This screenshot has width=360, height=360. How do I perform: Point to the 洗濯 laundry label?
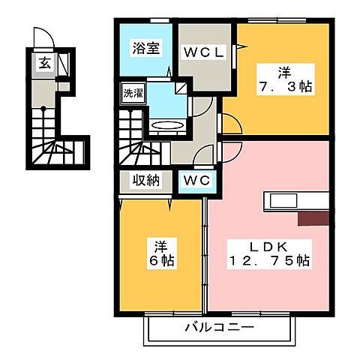(132, 95)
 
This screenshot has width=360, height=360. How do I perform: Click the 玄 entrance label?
(43, 64)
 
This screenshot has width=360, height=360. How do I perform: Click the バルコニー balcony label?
(220, 327)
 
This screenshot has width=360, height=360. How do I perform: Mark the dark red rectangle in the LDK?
(312, 217)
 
